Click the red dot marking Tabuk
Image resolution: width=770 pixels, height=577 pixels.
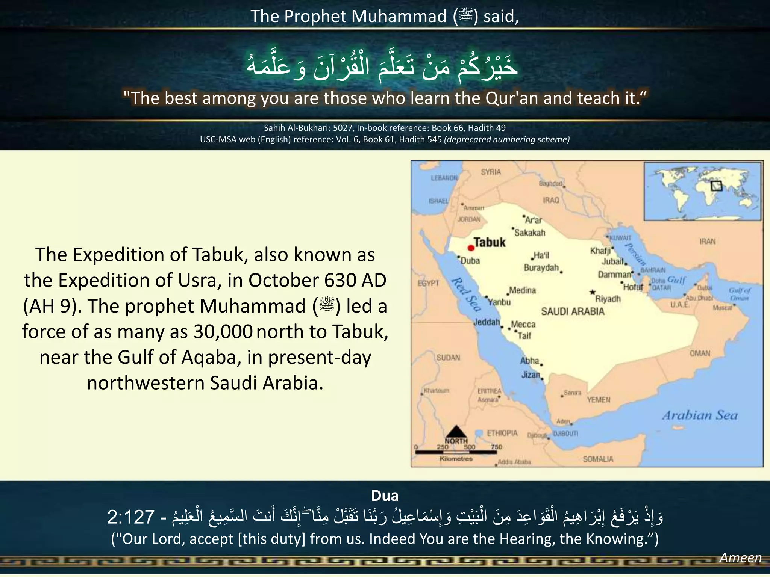coord(471,248)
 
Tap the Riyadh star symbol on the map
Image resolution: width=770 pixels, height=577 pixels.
coord(593,292)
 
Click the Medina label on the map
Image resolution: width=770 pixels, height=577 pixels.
coord(522,290)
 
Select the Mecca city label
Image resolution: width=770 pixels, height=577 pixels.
coord(523,324)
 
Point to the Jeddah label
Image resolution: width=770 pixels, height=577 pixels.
coord(487,322)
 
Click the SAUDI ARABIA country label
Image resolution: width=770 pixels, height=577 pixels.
coord(573,311)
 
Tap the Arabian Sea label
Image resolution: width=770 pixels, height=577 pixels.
coord(700,415)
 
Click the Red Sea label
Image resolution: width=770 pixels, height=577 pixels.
coord(466,295)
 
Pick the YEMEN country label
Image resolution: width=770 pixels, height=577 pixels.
coord(599,400)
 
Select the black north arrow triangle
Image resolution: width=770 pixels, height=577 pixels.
coord(456,431)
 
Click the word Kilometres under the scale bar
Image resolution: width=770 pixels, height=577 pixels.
coord(456,459)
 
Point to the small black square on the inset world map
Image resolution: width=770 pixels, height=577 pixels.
coord(717,186)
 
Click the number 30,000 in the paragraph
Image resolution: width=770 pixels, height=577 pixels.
coord(223,332)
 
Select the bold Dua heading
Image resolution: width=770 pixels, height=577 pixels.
coord(385,496)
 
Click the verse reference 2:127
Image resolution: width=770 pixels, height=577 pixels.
coord(131,517)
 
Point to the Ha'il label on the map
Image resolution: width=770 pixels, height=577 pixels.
coord(541,255)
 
